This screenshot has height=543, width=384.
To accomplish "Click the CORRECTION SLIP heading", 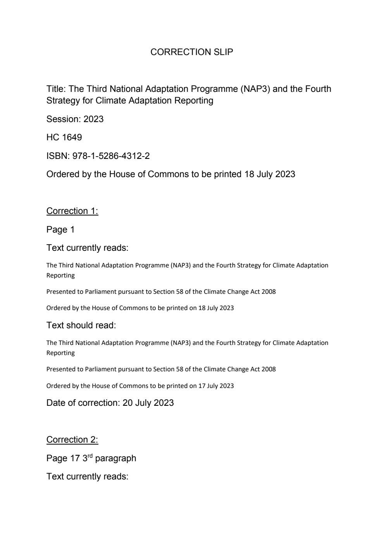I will pyautogui.click(x=191, y=52).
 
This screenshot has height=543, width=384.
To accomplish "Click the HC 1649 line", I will pyautogui.click(x=64, y=138).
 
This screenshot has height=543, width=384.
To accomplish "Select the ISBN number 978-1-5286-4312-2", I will pyautogui.click(x=111, y=156).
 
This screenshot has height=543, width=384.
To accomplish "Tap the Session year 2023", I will pyautogui.click(x=93, y=119).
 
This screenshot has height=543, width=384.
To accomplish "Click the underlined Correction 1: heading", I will pyautogui.click(x=72, y=211).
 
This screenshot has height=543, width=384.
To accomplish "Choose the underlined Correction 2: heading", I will pyautogui.click(x=72, y=440).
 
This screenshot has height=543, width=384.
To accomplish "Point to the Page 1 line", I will pyautogui.click(x=60, y=230).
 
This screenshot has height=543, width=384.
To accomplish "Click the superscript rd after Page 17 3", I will pyautogui.click(x=90, y=455).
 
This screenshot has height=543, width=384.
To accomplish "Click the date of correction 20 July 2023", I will pyautogui.click(x=148, y=403).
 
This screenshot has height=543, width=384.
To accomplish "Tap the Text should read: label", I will pyautogui.click(x=81, y=326).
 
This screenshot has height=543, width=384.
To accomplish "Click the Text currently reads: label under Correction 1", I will pyautogui.click(x=87, y=248).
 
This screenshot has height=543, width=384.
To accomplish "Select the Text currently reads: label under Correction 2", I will pyautogui.click(x=87, y=477).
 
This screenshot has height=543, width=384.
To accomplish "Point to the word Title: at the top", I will pyautogui.click(x=56, y=89).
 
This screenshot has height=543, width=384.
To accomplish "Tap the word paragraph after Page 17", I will pyautogui.click(x=115, y=459).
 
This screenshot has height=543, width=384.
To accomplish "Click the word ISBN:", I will pyautogui.click(x=58, y=156).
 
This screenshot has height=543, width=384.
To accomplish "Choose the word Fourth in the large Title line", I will pyautogui.click(x=318, y=89).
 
